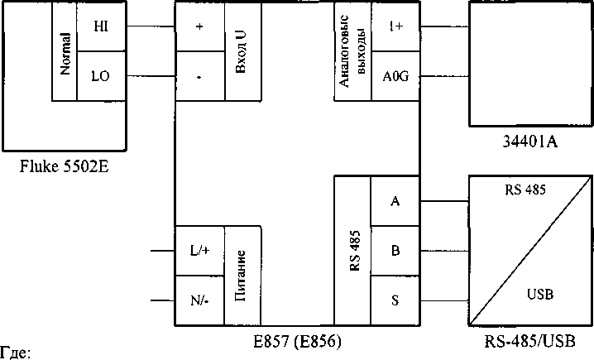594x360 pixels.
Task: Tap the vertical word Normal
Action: (65, 52)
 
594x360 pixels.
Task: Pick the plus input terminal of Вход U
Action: (199, 26)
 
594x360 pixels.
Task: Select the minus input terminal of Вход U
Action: (199, 77)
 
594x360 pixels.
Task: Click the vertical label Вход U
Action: (242, 52)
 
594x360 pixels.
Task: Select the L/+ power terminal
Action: (199, 250)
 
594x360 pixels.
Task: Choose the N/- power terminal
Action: (199, 300)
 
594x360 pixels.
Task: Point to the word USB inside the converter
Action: (539, 294)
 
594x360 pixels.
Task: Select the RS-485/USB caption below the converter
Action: (529, 341)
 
